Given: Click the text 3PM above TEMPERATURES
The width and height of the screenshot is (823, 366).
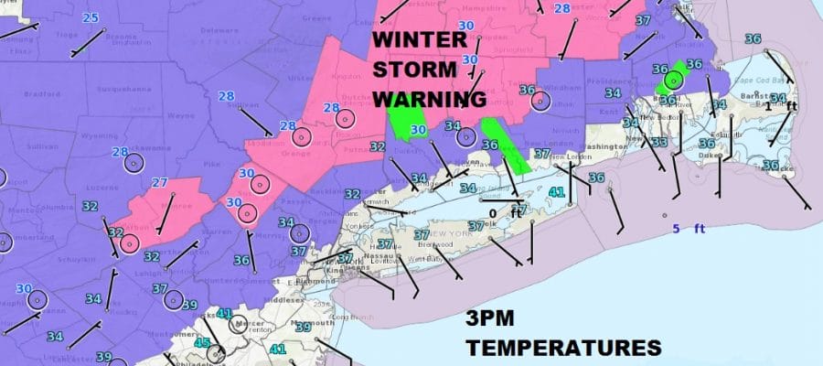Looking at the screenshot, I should [x=491, y=321].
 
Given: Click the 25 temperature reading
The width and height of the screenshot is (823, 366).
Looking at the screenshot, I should [x=91, y=17].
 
